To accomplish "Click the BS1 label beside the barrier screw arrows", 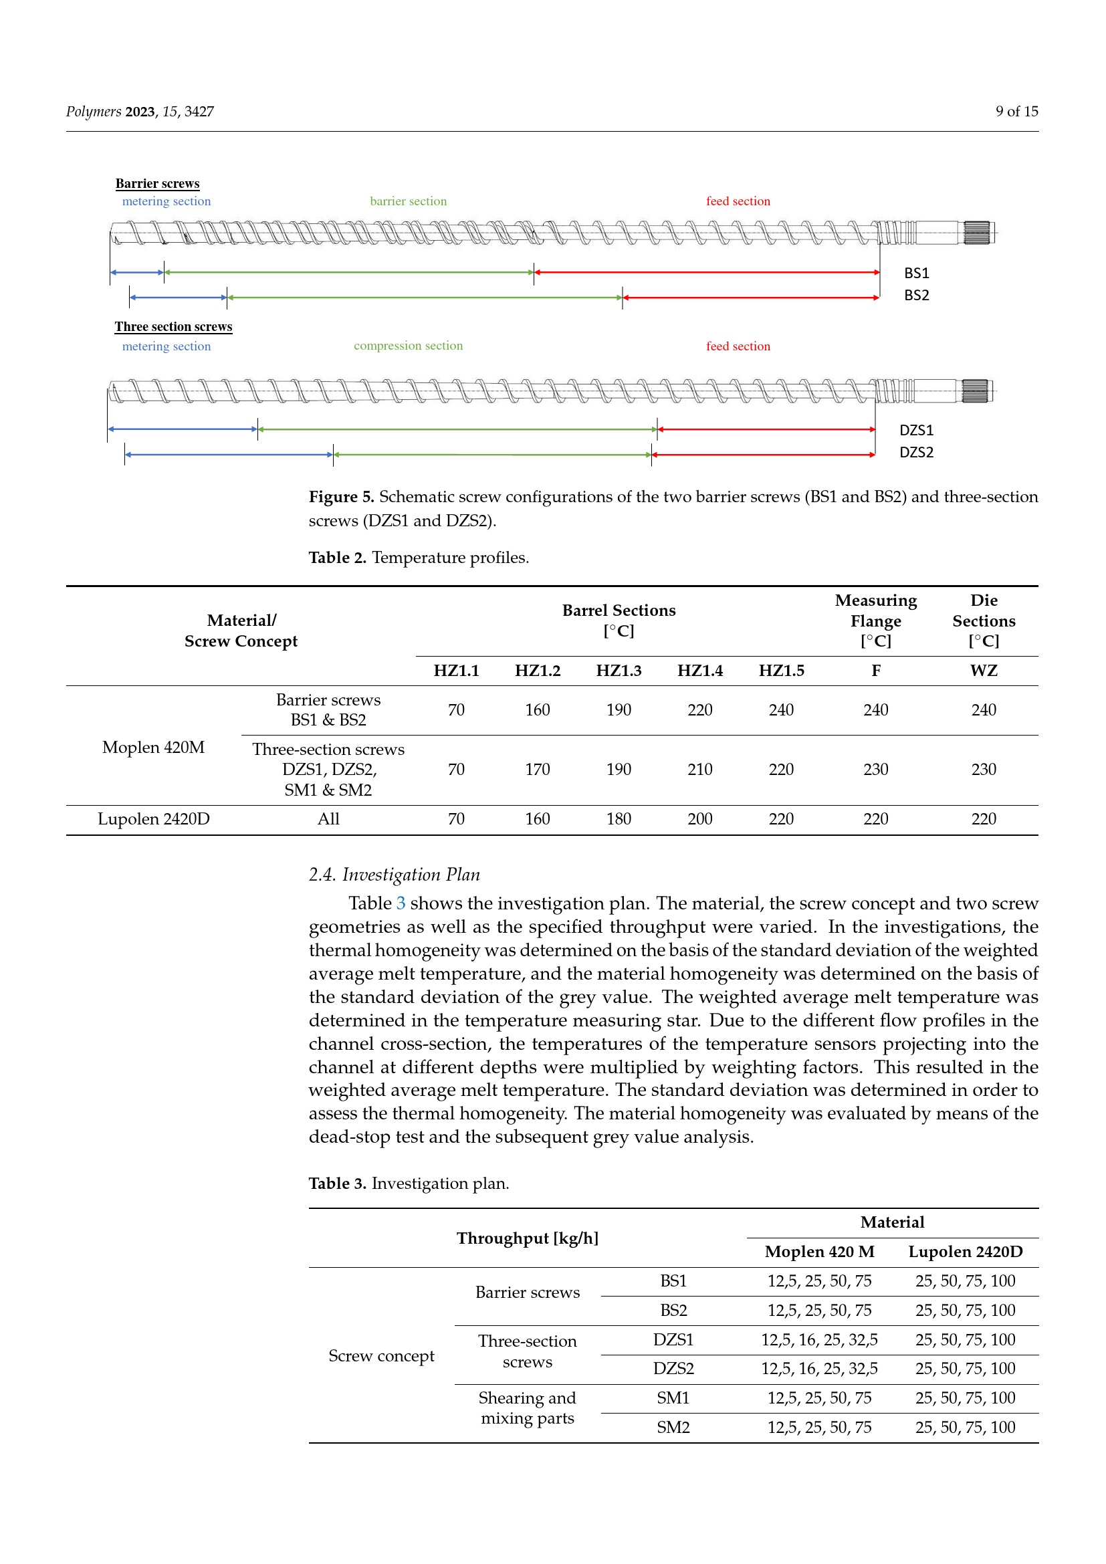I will point(916,273).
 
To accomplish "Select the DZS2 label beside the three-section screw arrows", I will point(916,452).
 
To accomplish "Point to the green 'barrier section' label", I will point(408,201).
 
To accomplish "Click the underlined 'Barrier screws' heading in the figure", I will point(157,183).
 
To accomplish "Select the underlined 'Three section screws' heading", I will point(173,326).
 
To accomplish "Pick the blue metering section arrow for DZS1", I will point(183,429).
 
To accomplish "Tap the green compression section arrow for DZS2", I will point(491,454).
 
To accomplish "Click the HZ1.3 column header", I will point(619,671).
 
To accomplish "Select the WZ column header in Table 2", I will point(984,671).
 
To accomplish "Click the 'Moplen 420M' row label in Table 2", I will point(153,748).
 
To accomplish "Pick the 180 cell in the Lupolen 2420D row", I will point(619,819).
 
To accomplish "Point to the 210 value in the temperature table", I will point(699,770).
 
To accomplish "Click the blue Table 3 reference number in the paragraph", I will point(401,903).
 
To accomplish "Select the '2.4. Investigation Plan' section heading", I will point(395,875).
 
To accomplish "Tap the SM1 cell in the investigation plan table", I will point(673,1398).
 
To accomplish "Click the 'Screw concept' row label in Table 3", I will point(381,1355).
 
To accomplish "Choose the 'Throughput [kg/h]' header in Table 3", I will point(527,1238).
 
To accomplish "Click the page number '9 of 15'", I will point(1016,111).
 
